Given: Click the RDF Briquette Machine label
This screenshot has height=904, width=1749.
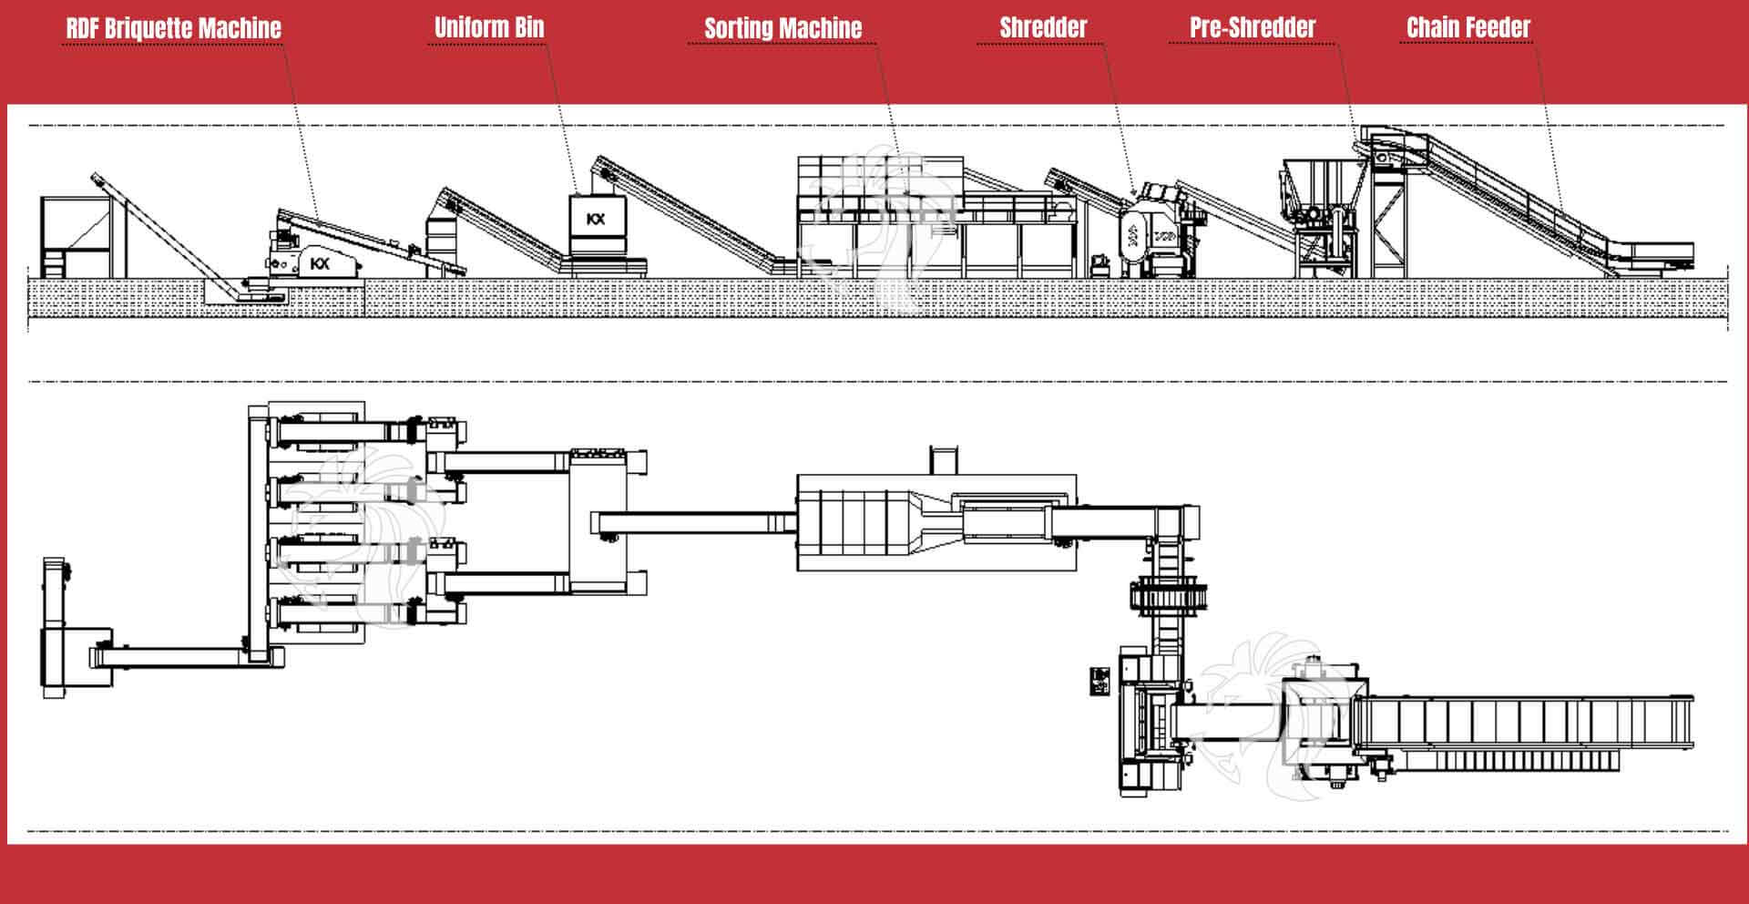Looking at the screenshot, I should [x=173, y=28].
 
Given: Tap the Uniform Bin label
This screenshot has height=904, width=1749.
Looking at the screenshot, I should [x=489, y=27].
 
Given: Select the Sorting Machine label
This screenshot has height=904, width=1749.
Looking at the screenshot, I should [x=782, y=28].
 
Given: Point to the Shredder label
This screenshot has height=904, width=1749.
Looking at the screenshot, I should [x=1043, y=27].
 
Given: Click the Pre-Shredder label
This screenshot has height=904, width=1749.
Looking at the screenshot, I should [x=1253, y=27].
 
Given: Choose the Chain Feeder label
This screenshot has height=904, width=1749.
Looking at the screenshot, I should [x=1468, y=27].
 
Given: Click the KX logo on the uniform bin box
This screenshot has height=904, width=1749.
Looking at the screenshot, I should [x=596, y=219].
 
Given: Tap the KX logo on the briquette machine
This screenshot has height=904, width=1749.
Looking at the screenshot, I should [x=320, y=263].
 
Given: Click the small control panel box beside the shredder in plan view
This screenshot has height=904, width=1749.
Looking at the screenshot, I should [x=1100, y=681].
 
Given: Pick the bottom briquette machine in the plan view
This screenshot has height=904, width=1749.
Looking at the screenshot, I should [x=337, y=611].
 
